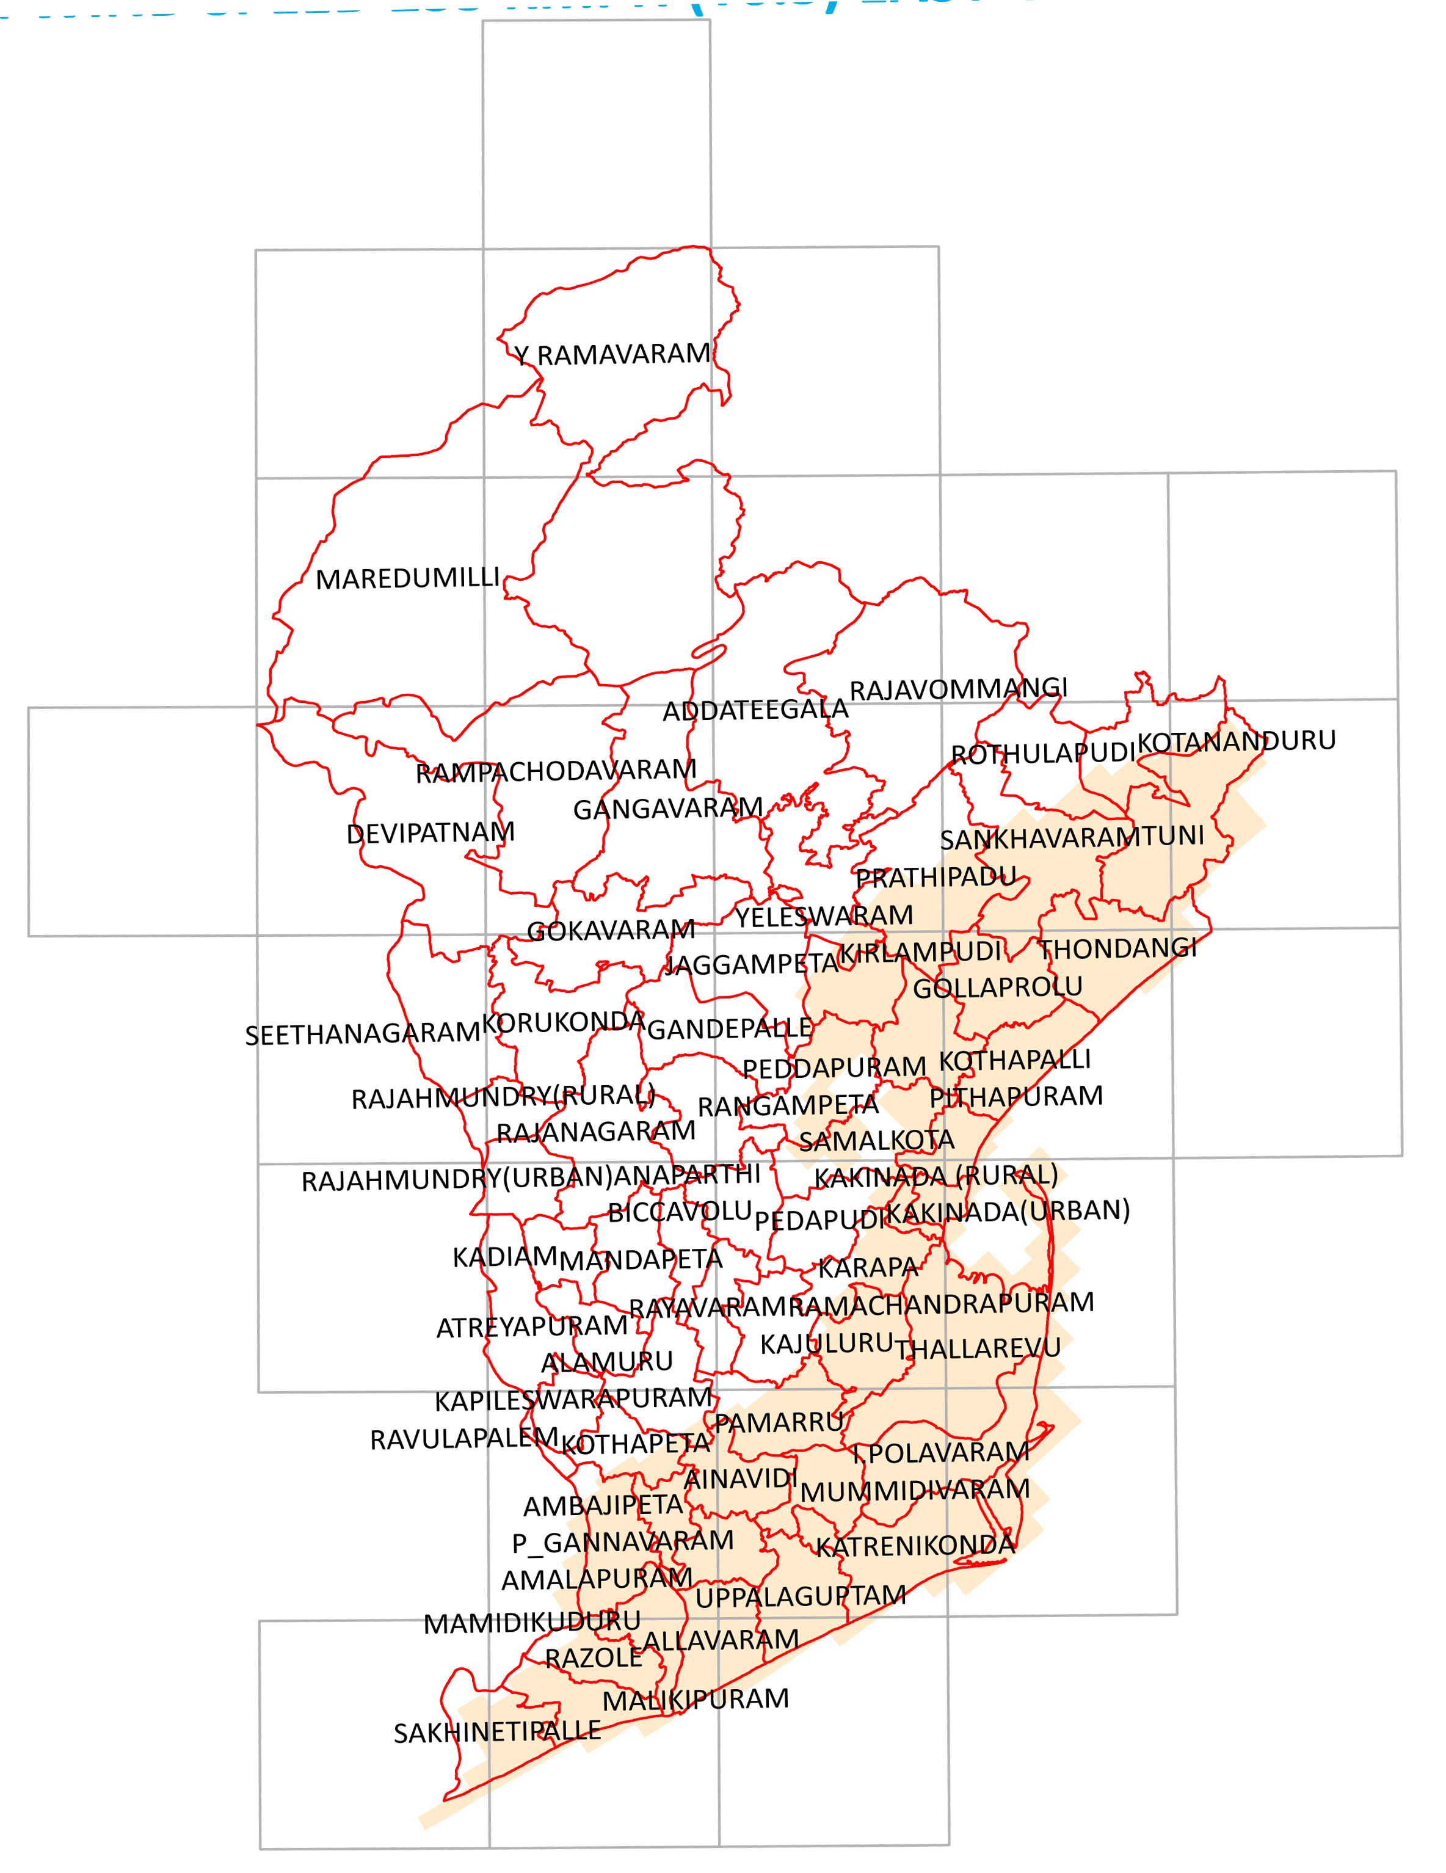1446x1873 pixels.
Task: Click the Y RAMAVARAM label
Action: [612, 354]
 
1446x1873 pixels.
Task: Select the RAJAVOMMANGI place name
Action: [958, 689]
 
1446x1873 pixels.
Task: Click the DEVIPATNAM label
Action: [431, 833]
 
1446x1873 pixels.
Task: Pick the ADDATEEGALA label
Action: [755, 710]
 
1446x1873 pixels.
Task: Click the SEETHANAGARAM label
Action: [362, 1035]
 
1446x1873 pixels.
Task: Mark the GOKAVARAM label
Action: [611, 931]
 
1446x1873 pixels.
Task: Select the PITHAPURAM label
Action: [1015, 1097]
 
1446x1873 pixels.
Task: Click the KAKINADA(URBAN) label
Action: [1007, 1211]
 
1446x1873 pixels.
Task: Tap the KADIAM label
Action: [505, 1257]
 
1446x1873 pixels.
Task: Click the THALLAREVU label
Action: [978, 1349]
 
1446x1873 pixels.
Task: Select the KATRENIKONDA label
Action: [915, 1546]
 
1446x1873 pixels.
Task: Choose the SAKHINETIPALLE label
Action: [496, 1733]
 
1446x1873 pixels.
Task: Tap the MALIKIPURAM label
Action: [695, 1700]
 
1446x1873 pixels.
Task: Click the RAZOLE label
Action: [594, 1658]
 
